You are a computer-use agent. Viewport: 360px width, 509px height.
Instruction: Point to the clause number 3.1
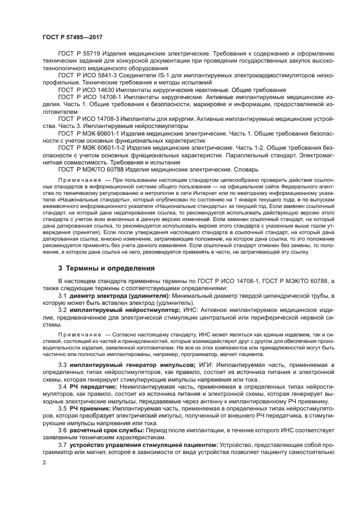tap(63, 296)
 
